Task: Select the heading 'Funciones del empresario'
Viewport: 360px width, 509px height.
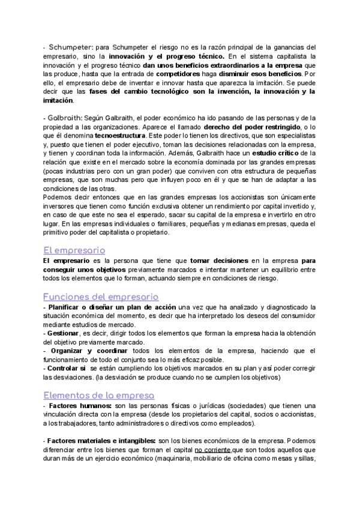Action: point(101,297)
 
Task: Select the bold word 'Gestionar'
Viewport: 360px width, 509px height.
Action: point(62,333)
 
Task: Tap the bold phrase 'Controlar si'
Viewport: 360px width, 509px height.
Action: point(66,369)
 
